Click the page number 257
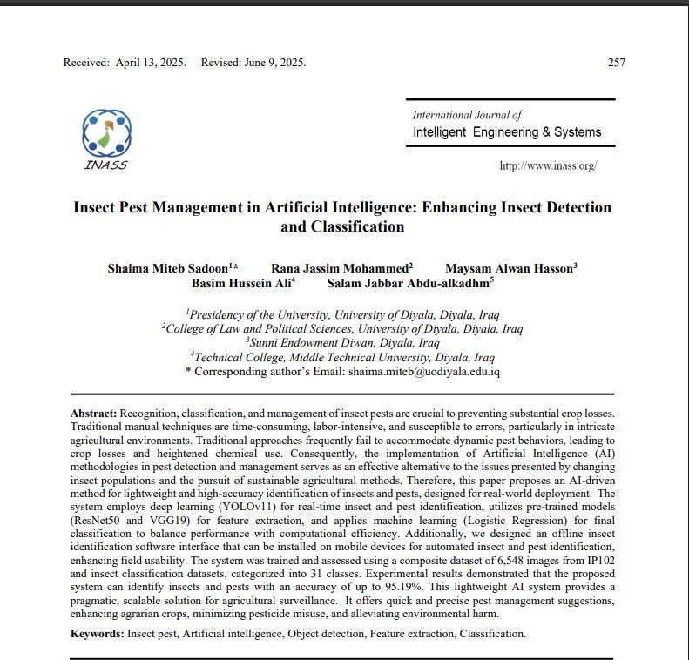pyautogui.click(x=616, y=63)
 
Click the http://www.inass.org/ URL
pyautogui.click(x=548, y=165)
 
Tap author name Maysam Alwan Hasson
pyautogui.click(x=510, y=268)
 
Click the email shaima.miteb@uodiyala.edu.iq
pyautogui.click(x=424, y=371)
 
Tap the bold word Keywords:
pyautogui.click(x=97, y=634)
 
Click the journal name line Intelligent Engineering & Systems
pyautogui.click(x=506, y=132)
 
